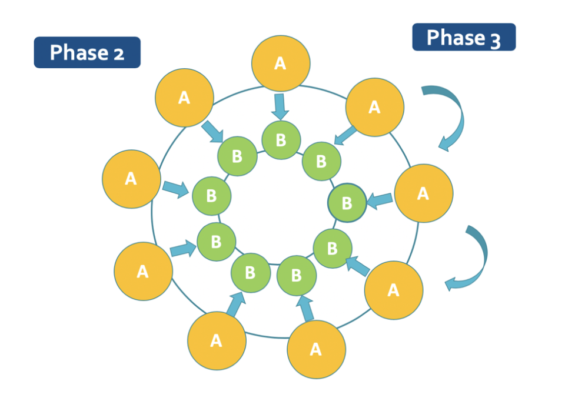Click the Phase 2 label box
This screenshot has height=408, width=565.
(x=87, y=52)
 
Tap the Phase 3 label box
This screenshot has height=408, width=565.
(x=464, y=37)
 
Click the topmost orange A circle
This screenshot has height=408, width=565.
(x=280, y=63)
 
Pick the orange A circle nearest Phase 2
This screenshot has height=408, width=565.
(x=184, y=98)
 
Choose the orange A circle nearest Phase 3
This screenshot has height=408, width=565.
(x=375, y=107)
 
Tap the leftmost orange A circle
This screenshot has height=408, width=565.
(x=131, y=179)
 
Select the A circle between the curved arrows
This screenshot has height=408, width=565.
(x=423, y=193)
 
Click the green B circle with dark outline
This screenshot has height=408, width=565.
(x=347, y=202)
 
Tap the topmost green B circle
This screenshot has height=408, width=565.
(x=281, y=140)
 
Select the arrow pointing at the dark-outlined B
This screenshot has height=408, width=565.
(x=380, y=200)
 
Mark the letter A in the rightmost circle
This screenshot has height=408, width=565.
(x=423, y=193)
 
